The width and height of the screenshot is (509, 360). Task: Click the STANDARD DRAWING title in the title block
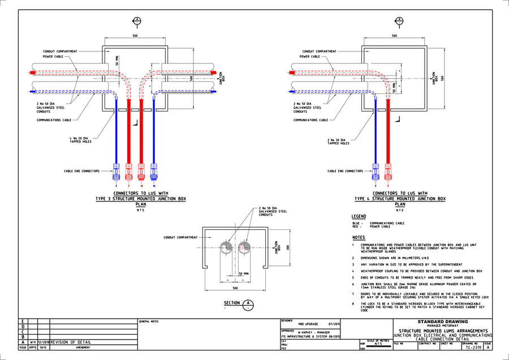(x=442, y=322)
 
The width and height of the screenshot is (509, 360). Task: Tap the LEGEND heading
(x=359, y=216)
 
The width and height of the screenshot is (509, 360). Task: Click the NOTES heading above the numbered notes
(x=359, y=237)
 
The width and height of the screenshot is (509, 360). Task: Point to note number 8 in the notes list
(x=353, y=304)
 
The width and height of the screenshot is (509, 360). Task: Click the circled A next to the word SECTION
(x=247, y=304)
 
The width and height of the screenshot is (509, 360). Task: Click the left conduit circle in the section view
(x=226, y=247)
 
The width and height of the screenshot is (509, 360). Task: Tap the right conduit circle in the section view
(x=244, y=247)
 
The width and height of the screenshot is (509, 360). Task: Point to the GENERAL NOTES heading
(x=149, y=322)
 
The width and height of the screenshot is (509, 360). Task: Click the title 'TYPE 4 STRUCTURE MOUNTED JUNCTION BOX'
(x=400, y=199)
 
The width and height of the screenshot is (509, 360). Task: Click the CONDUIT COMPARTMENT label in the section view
(x=180, y=237)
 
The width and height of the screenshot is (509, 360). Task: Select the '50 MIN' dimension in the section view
(x=243, y=273)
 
